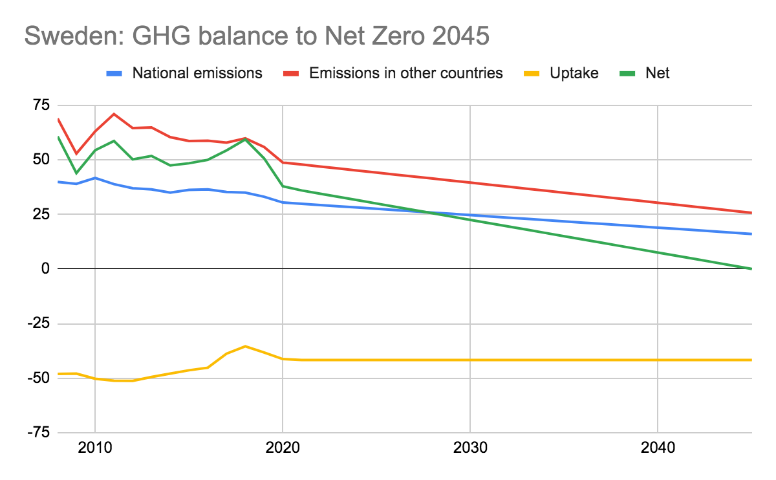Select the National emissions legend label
point(197,72)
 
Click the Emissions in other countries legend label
point(405,72)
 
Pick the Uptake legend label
point(574,72)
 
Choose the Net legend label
point(657,72)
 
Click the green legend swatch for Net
point(630,73)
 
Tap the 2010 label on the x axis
point(95,448)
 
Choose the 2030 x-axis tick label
point(470,448)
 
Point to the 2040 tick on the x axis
point(658,448)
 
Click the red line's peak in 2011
point(114,114)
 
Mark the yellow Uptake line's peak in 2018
point(245,346)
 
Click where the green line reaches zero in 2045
point(751,268)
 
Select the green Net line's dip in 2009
point(77,173)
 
